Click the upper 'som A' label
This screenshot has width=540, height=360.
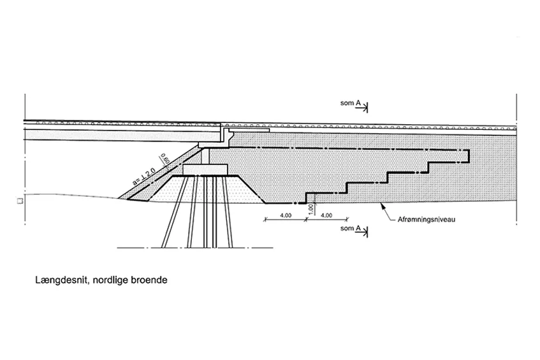pyautogui.click(x=350, y=103)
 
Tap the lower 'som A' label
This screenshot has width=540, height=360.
pyautogui.click(x=350, y=228)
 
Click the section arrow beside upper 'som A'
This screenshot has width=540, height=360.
pyautogui.click(x=363, y=108)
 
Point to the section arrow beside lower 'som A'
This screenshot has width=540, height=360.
pyautogui.click(x=363, y=233)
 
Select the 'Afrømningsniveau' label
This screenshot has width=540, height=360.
pyautogui.click(x=427, y=219)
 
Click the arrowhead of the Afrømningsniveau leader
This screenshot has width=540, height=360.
pyautogui.click(x=381, y=205)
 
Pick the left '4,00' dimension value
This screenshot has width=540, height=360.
pyautogui.click(x=286, y=215)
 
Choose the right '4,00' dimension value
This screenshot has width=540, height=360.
pyautogui.click(x=326, y=215)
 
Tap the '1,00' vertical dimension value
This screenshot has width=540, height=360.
pyautogui.click(x=311, y=209)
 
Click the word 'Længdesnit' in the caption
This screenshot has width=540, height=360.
pyautogui.click(x=62, y=280)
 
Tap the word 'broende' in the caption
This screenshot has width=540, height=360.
pyautogui.click(x=149, y=280)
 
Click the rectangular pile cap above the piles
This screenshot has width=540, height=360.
pyautogui.click(x=205, y=169)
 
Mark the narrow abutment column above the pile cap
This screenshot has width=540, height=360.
pyautogui.click(x=205, y=156)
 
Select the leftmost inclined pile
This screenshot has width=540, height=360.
pyautogui.click(x=174, y=212)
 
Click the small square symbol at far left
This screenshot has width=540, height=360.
pyautogui.click(x=20, y=201)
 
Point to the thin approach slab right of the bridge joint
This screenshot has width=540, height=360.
pyautogui.click(x=249, y=130)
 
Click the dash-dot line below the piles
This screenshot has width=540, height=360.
pyautogui.click(x=195, y=247)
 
